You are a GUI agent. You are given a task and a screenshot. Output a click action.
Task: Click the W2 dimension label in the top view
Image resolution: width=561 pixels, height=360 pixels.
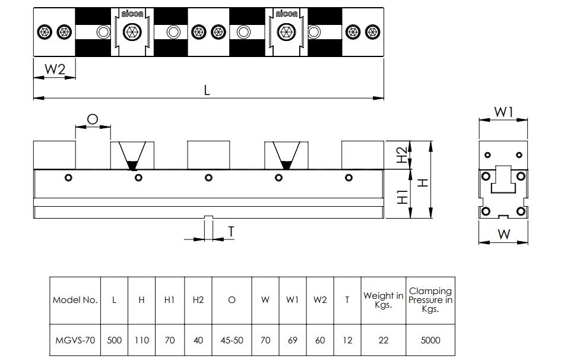(x=55, y=69)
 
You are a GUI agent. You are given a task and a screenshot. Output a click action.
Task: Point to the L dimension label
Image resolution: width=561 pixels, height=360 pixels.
(x=207, y=90)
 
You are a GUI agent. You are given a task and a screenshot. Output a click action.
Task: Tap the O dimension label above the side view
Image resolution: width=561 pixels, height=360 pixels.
(x=93, y=119)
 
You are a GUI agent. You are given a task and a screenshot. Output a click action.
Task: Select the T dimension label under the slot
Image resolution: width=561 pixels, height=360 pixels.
(x=231, y=232)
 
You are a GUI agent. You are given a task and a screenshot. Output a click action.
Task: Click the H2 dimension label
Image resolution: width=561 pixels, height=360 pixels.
(x=402, y=154)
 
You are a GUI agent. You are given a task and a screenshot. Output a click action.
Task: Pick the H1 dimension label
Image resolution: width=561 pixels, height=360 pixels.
(x=402, y=197)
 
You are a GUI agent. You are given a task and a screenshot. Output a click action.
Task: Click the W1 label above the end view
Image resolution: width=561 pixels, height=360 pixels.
(x=504, y=112)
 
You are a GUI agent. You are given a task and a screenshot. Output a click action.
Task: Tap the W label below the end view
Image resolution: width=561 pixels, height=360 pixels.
(x=504, y=235)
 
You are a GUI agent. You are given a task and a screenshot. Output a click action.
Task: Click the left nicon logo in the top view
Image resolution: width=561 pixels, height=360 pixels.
(x=132, y=14)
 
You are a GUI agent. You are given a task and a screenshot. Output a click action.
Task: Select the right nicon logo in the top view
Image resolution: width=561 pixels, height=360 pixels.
(x=287, y=14)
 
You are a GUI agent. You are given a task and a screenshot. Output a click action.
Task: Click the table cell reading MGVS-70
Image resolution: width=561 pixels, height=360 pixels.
(x=75, y=340)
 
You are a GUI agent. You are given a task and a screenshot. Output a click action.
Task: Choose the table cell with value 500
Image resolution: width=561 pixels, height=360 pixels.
(x=114, y=340)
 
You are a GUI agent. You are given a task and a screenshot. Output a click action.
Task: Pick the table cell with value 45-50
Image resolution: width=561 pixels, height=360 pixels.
(x=232, y=340)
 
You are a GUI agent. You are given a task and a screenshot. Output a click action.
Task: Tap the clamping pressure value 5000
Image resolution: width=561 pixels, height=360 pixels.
(x=430, y=340)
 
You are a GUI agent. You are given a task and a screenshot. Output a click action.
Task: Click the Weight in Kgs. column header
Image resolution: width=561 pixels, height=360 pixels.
(x=383, y=300)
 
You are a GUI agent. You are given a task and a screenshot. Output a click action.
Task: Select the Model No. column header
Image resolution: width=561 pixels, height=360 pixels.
(x=75, y=300)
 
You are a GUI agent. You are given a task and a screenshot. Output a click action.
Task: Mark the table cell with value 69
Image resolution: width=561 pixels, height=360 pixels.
(x=293, y=340)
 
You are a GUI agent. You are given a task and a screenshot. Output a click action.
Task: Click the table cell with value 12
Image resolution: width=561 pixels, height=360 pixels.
(x=347, y=340)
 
